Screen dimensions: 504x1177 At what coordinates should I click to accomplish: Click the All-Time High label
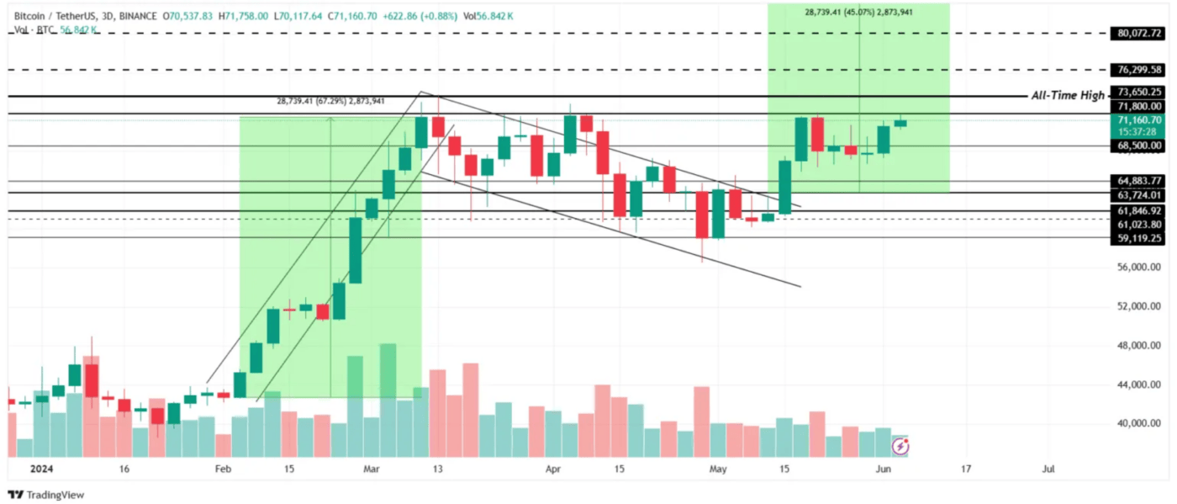(x=1068, y=96)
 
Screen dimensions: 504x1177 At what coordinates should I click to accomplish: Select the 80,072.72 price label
(x=1139, y=34)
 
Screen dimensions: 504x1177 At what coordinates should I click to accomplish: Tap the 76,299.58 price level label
(x=1139, y=70)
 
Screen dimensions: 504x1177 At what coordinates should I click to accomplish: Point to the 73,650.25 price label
(x=1139, y=93)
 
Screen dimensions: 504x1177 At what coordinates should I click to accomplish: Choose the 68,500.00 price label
(x=1139, y=146)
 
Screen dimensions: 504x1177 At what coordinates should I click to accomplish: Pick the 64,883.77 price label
(x=1139, y=181)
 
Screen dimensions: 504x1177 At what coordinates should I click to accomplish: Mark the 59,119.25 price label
(x=1139, y=238)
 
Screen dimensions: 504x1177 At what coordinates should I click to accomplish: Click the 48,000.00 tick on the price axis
(x=1139, y=346)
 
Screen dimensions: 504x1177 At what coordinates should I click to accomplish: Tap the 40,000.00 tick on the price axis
(x=1139, y=424)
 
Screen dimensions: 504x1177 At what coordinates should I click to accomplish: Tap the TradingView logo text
(x=55, y=495)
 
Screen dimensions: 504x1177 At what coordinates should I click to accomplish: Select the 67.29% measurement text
(x=330, y=101)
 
